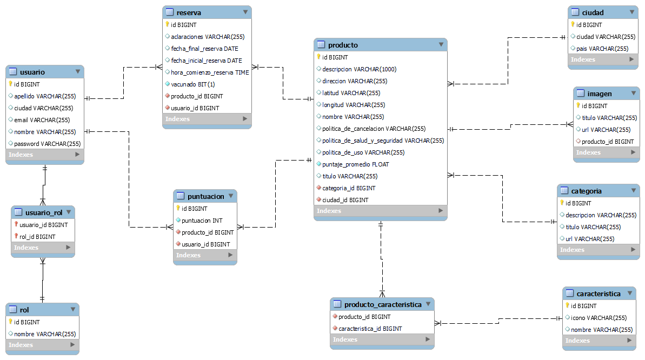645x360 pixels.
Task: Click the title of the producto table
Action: click(x=343, y=45)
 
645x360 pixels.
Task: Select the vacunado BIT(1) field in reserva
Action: click(x=192, y=84)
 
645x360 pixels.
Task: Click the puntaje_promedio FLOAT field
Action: click(x=355, y=164)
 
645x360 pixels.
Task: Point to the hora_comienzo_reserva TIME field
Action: click(x=210, y=72)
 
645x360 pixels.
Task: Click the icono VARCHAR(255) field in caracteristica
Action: click(x=599, y=318)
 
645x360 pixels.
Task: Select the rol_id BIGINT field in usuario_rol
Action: click(x=37, y=237)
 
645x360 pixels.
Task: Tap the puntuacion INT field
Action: click(x=202, y=221)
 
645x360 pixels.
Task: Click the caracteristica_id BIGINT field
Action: click(x=370, y=329)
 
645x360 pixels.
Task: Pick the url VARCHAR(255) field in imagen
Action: click(x=606, y=130)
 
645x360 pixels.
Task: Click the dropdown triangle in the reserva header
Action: click(x=245, y=12)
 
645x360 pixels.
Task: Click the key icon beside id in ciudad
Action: click(x=573, y=25)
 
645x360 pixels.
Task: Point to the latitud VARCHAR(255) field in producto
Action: click(x=351, y=93)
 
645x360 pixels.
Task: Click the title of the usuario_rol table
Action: click(x=44, y=212)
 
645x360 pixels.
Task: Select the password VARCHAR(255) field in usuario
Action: click(x=47, y=144)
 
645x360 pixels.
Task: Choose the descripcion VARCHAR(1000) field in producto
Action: click(x=359, y=69)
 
